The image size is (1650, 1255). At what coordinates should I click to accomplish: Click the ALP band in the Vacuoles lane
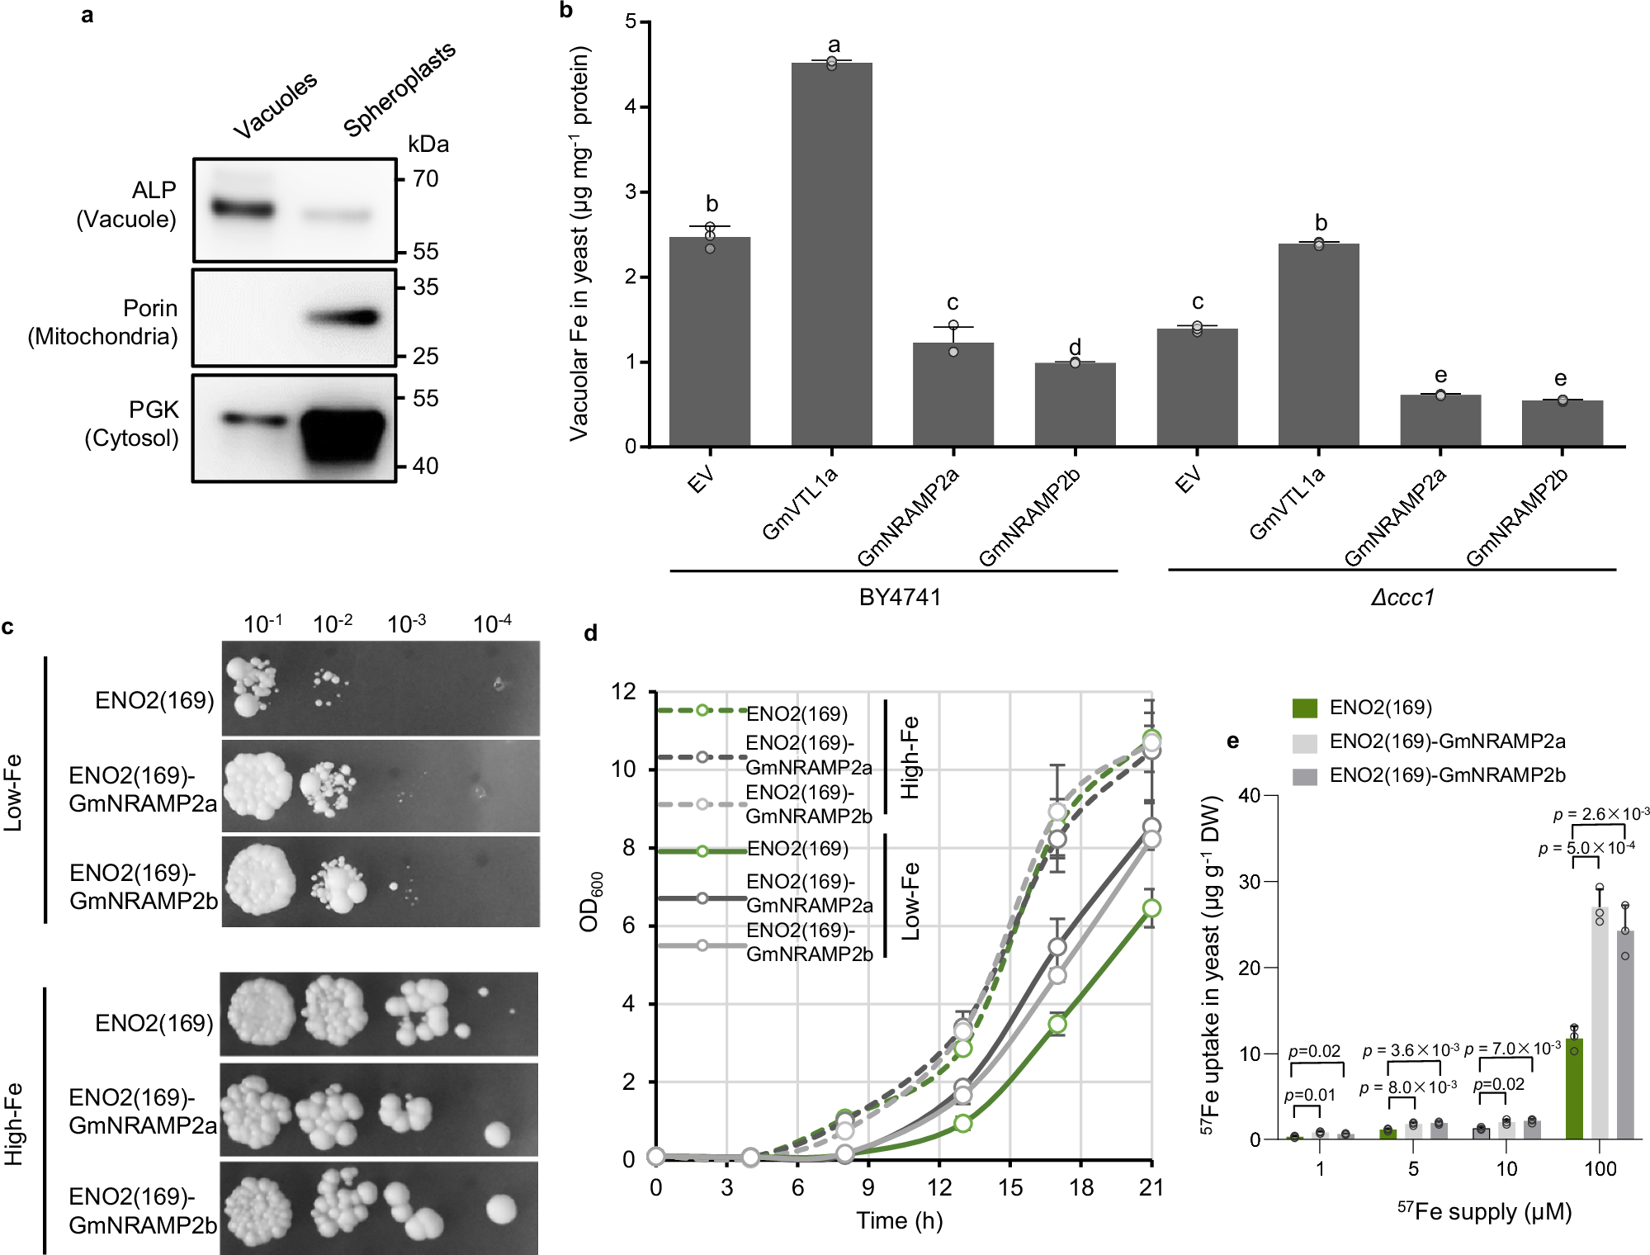pos(243,208)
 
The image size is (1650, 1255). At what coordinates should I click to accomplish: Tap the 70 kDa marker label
pos(425,178)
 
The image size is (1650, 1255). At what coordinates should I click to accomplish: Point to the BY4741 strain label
pos(900,597)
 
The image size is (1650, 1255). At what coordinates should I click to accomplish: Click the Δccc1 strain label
pos(1402,597)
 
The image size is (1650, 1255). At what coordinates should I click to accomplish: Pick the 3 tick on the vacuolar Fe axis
pos(631,192)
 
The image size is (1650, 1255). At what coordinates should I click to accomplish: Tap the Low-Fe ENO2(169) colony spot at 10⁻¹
pos(253,687)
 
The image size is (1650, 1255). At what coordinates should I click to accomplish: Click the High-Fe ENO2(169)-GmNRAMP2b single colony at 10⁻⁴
pos(501,1210)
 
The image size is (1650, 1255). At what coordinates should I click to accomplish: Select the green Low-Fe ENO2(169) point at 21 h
pos(1151,908)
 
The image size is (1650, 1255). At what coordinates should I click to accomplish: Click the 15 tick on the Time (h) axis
pos(1009,1187)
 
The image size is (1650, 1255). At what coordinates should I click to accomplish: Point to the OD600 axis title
pos(590,902)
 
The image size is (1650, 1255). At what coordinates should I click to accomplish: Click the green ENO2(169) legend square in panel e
pos(1304,708)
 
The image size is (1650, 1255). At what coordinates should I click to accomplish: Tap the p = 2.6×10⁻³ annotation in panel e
pos(1600,814)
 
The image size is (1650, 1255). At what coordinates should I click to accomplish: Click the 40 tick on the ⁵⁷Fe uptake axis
pos(1249,795)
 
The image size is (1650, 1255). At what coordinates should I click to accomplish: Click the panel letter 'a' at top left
pos(87,15)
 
